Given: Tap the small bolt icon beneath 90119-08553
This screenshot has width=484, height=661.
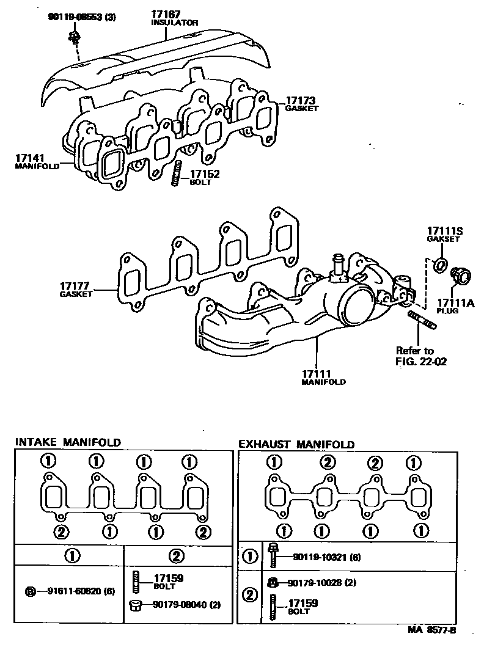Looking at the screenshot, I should [73, 38].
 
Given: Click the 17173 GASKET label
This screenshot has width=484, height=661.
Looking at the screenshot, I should [301, 103].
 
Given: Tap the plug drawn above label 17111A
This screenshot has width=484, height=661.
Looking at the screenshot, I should [459, 276].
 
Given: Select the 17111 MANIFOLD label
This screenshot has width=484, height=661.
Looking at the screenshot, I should [323, 376].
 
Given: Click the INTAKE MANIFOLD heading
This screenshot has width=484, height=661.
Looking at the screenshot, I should [68, 442].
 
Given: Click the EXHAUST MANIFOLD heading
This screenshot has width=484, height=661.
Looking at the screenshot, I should [296, 444].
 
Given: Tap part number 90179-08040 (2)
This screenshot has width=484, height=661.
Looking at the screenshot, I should [182, 605].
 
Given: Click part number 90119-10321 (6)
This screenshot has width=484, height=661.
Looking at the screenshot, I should [327, 557].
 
